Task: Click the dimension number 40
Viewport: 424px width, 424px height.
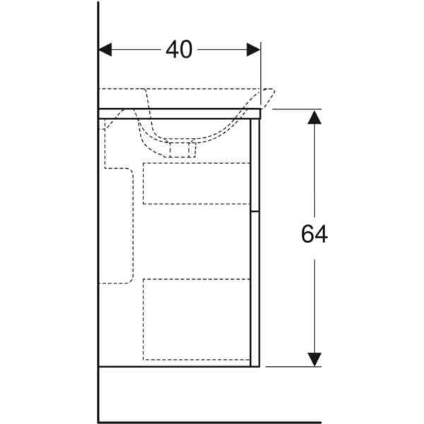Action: point(179,50)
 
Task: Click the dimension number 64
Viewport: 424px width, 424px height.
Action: point(314,235)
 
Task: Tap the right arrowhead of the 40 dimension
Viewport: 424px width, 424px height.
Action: point(253,50)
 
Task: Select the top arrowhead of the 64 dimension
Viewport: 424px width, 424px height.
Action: point(314,117)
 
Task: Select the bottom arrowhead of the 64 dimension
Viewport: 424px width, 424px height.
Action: point(314,358)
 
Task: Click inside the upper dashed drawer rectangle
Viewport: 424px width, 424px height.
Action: point(196,183)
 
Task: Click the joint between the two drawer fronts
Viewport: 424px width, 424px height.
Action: point(256,211)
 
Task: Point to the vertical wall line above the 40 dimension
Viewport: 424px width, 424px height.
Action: point(98,21)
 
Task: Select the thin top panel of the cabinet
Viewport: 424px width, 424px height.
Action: point(179,113)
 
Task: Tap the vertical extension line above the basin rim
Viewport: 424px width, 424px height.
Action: point(261,71)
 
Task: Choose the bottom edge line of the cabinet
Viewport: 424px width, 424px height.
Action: point(177,367)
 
